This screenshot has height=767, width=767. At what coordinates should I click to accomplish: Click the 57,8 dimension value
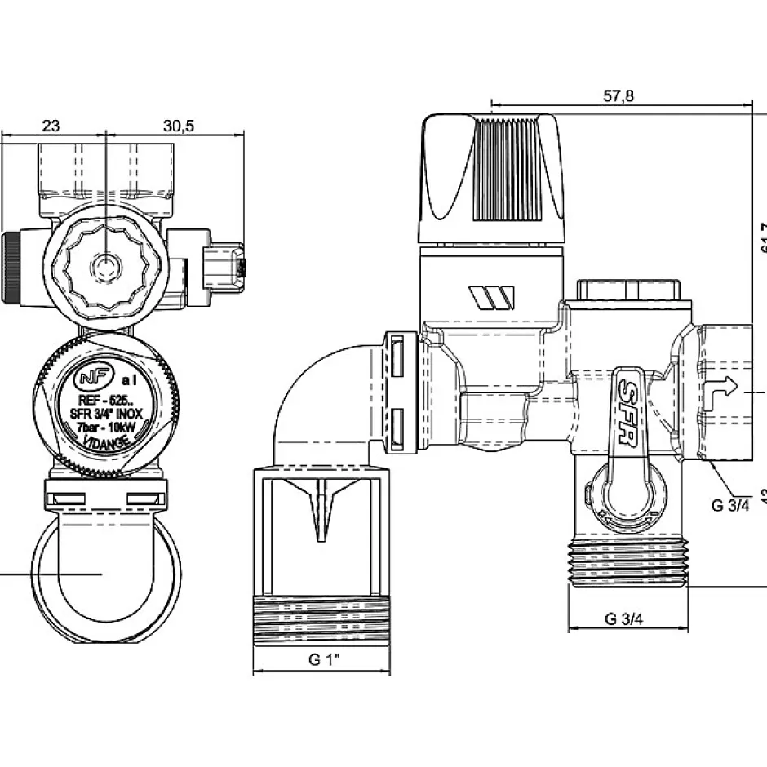click(x=619, y=96)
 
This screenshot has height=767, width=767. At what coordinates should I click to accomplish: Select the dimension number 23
click(x=51, y=126)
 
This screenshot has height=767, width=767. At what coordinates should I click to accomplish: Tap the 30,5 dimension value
click(x=178, y=126)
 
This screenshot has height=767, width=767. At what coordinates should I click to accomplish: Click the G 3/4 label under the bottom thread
click(x=624, y=618)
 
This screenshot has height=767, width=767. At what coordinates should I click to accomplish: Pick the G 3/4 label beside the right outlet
click(x=729, y=505)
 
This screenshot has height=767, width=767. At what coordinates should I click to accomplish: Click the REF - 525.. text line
click(x=106, y=401)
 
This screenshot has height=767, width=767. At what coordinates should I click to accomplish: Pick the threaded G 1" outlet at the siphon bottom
click(x=323, y=624)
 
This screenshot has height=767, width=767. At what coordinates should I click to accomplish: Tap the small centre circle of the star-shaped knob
click(x=105, y=266)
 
